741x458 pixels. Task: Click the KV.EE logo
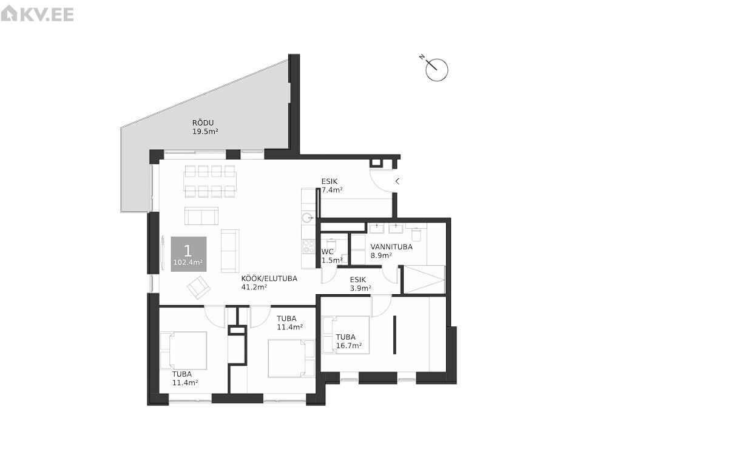click(37, 14)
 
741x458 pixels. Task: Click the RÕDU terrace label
click(203, 123)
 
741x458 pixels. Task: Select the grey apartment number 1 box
click(189, 254)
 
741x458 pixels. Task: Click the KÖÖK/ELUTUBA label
click(269, 278)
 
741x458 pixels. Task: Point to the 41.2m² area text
click(254, 287)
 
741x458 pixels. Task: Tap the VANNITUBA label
click(391, 247)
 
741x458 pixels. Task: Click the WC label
click(328, 252)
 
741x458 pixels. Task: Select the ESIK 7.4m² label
click(332, 186)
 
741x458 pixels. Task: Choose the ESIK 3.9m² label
click(360, 284)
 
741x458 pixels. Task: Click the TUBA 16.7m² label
click(349, 342)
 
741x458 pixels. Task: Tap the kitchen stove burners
click(309, 247)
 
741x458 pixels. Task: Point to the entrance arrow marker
click(398, 181)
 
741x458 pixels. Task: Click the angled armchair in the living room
click(198, 288)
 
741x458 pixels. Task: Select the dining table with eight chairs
click(210, 181)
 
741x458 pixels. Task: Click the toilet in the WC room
click(331, 245)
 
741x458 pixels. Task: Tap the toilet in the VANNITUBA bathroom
click(416, 234)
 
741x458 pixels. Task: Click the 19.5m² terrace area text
click(205, 131)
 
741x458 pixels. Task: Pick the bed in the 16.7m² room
click(346, 335)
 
